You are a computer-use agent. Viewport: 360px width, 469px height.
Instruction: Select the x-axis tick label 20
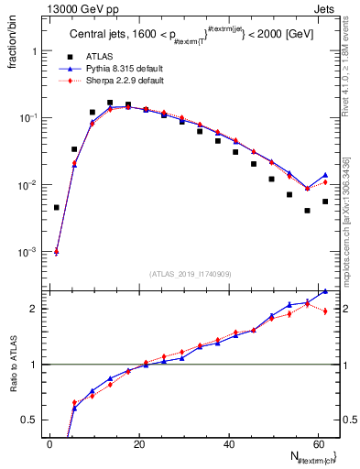click(x=139, y=444)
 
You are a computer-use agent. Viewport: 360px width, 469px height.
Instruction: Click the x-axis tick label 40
click(x=229, y=444)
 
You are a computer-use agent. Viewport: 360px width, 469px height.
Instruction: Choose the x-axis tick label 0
click(x=50, y=444)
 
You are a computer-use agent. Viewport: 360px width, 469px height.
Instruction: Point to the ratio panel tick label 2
click(x=33, y=309)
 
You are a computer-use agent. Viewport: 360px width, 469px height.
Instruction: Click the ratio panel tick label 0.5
click(x=29, y=420)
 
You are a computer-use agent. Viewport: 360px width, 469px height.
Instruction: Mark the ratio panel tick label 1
click(x=33, y=365)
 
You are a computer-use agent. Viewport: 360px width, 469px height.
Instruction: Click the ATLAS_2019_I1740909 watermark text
click(x=190, y=274)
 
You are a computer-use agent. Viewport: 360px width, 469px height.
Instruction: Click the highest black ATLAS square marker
click(x=110, y=103)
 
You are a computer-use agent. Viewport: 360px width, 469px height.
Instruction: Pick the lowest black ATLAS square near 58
click(x=307, y=211)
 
